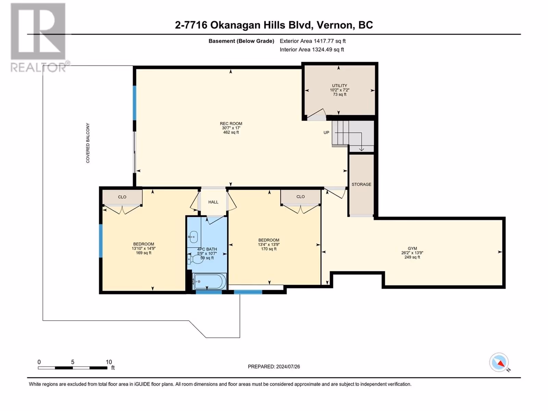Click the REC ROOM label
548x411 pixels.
click(231, 124)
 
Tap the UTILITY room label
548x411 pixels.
click(339, 86)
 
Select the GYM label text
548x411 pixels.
click(412, 248)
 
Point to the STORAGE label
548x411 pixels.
click(361, 184)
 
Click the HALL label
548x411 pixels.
click(213, 202)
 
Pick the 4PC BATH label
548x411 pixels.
click(207, 249)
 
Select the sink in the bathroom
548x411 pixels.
click(194, 236)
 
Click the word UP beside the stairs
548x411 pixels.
click(326, 133)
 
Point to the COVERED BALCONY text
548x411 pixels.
click(88, 143)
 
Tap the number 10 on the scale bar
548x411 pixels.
click(109, 362)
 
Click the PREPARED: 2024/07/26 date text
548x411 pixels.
click(274, 366)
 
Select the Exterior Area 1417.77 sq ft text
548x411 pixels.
click(313, 41)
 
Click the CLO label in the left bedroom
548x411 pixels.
click(122, 197)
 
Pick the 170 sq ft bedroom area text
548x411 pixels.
click(269, 249)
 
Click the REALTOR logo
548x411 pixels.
click(39, 37)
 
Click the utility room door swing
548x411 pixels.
click(316, 114)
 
